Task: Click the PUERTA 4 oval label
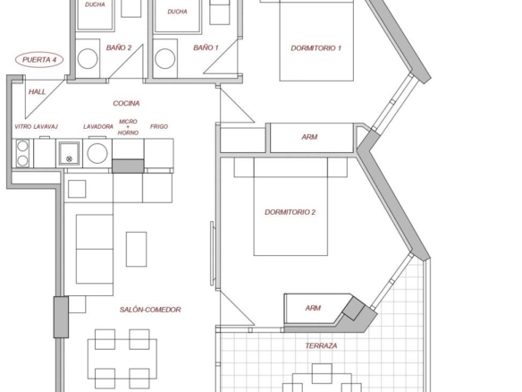[39, 60]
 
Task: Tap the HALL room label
[37, 91]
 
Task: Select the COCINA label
[126, 103]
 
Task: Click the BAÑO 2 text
[119, 47]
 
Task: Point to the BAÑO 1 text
[206, 47]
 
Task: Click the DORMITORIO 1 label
[316, 48]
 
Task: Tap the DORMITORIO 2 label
[290, 212]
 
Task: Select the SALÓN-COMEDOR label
[150, 310]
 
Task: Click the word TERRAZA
[321, 345]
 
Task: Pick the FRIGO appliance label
[159, 127]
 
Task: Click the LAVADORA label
[98, 127]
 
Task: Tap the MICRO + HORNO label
[128, 127]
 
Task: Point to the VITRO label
[23, 127]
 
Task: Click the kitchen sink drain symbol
[69, 159]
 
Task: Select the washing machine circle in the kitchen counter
[97, 153]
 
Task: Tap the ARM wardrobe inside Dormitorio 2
[313, 308]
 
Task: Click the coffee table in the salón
[136, 250]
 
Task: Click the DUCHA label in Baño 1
[177, 12]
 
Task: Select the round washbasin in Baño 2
[88, 59]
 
